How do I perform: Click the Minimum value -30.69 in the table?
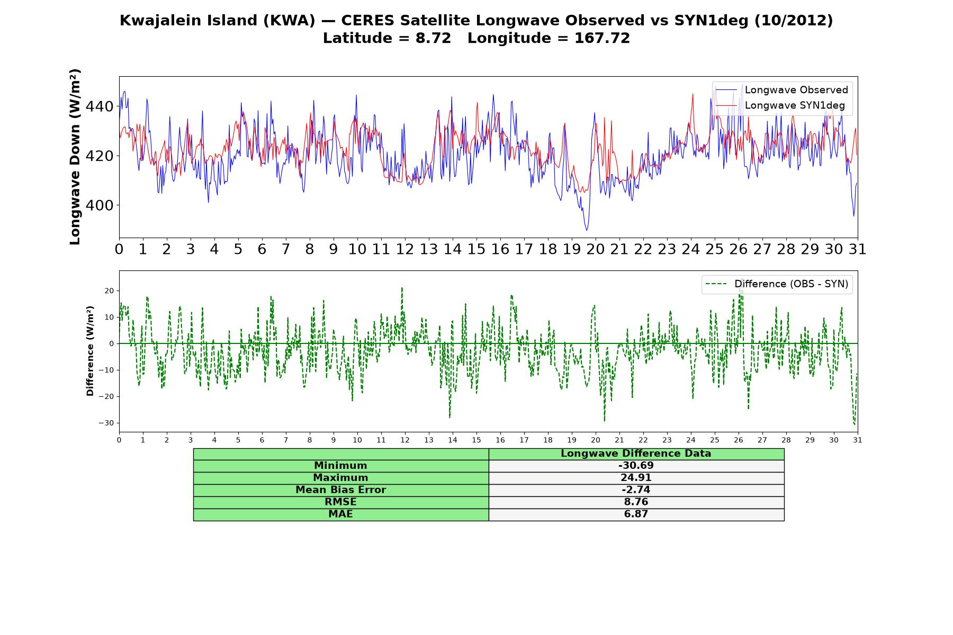click(x=636, y=466)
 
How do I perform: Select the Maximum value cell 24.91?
click(x=636, y=478)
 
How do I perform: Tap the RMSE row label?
click(x=340, y=502)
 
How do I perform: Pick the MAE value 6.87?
click(x=636, y=514)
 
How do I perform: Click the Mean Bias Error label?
click(x=340, y=489)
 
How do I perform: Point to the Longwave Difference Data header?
click(x=636, y=453)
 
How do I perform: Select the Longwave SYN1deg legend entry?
click(x=780, y=105)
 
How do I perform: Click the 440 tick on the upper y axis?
click(x=99, y=107)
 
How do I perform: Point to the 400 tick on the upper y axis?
click(x=99, y=205)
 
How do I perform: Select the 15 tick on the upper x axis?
click(x=476, y=249)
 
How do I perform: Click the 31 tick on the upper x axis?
click(x=857, y=249)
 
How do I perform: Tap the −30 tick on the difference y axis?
click(x=106, y=423)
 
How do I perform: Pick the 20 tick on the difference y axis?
click(x=109, y=291)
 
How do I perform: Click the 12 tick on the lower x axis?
click(x=405, y=440)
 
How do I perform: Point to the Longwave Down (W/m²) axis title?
click(x=75, y=157)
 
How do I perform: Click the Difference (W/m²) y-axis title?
click(x=90, y=351)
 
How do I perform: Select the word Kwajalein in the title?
click(x=161, y=20)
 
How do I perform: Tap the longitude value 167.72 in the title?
click(x=602, y=38)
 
